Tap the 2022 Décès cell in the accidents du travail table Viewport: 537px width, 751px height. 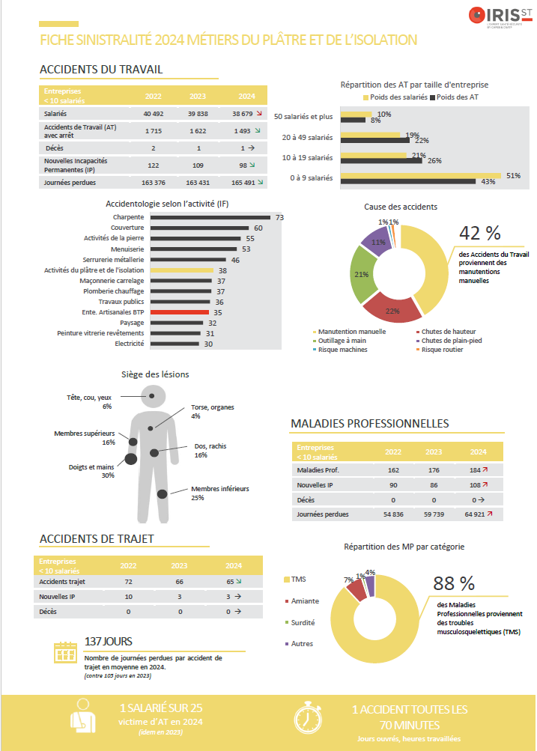tap(153, 148)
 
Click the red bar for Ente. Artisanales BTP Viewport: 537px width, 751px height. tap(180, 312)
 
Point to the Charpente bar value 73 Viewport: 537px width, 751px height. tap(279, 217)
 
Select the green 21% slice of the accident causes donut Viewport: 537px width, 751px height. tap(362, 273)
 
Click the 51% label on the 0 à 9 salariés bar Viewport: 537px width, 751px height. tap(514, 175)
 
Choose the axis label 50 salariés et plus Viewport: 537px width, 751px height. tap(303, 117)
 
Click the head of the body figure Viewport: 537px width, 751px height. tap(153, 395)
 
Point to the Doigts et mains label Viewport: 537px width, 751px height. tap(91, 466)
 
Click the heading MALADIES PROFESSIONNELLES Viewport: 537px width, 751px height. tap(369, 424)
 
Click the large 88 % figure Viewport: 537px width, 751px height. tap(455, 584)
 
